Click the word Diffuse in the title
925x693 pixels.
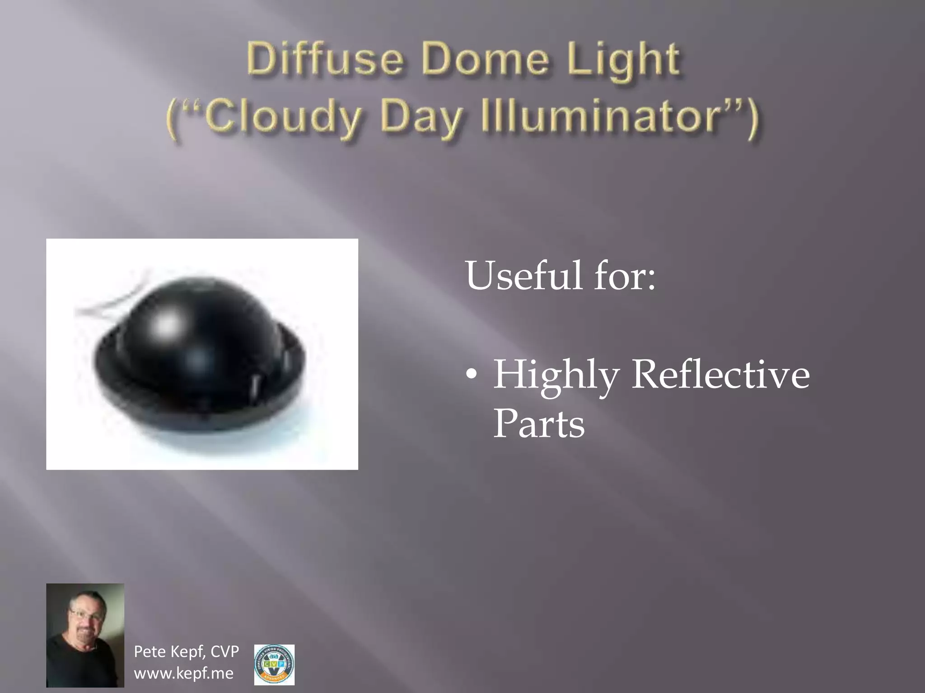(x=324, y=60)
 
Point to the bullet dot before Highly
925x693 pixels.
(x=471, y=375)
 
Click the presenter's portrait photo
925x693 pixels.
(x=85, y=635)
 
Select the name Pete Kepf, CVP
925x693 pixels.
(x=186, y=651)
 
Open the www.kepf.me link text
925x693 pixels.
(x=183, y=673)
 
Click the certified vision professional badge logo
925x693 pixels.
(x=274, y=665)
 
